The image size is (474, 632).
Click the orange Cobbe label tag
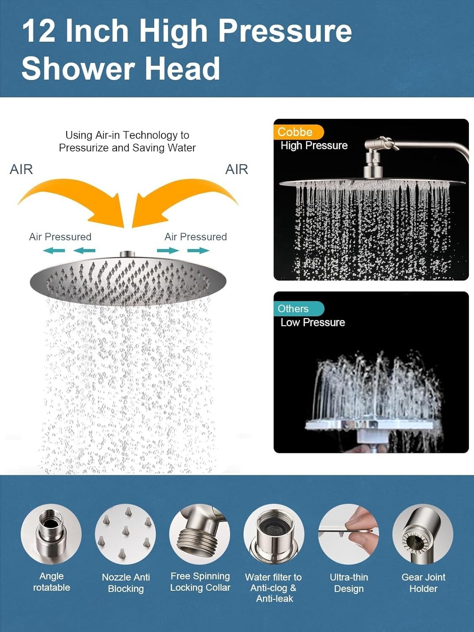298,132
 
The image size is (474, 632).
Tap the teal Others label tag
298,309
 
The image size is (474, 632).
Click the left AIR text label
21,169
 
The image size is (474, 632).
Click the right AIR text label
236,169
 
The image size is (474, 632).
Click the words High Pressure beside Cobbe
314,146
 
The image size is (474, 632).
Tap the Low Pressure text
313,322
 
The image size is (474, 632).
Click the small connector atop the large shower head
128,254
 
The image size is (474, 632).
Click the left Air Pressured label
60,237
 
